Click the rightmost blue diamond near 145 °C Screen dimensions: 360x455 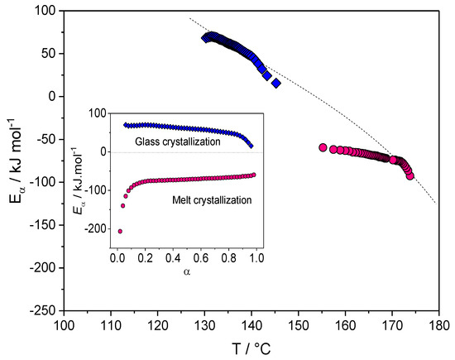click(x=276, y=83)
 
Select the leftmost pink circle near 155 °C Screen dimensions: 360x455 click(x=323, y=147)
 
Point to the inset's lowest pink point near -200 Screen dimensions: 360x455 click(x=120, y=231)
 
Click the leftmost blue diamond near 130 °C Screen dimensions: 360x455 click(x=206, y=38)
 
